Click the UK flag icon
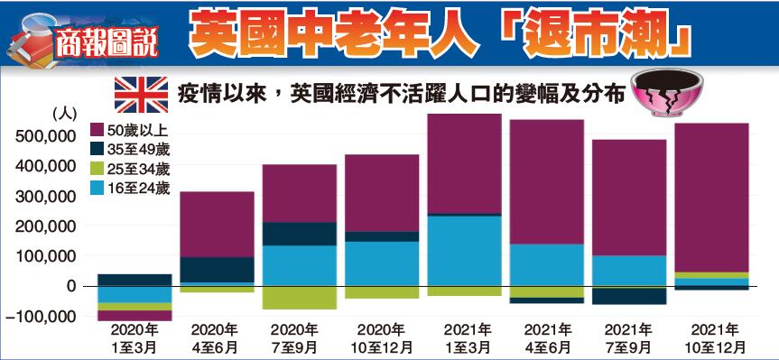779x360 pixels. point(143,94)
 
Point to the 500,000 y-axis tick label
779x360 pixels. point(45,136)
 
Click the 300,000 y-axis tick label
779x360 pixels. point(45,197)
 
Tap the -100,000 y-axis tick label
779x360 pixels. point(42,317)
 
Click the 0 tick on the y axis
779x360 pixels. point(70,286)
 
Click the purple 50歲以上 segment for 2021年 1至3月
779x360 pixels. point(464,163)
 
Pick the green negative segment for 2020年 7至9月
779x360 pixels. point(300,298)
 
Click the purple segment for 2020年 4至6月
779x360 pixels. point(217,224)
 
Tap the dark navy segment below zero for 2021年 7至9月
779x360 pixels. point(628,295)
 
